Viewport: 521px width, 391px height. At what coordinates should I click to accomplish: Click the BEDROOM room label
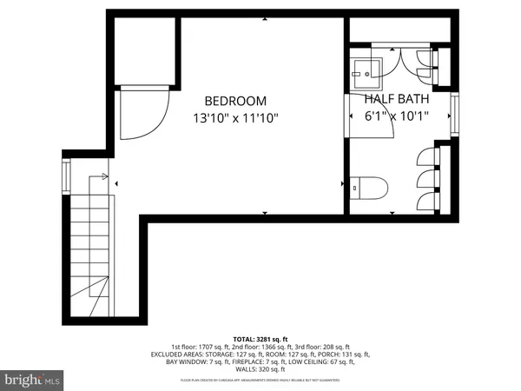pos(235,101)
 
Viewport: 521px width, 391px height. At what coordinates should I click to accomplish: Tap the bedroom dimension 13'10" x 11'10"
pos(235,117)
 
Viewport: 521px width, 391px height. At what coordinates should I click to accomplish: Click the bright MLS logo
pos(32,379)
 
